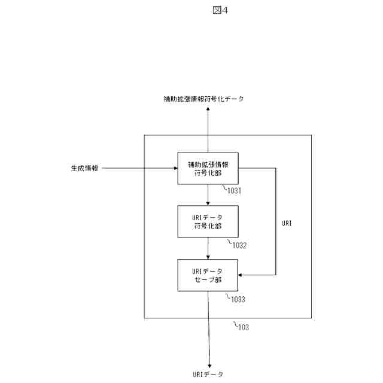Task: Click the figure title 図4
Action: (220, 10)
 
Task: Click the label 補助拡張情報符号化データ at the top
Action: (203, 99)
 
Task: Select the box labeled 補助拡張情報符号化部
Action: (208, 168)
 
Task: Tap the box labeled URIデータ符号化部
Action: (208, 221)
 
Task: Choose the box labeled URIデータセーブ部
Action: (208, 275)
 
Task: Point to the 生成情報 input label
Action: (81, 168)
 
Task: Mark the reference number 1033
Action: (235, 299)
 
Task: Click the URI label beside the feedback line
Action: (287, 223)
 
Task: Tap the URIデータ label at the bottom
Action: (208, 374)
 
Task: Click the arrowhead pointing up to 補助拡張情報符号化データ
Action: (208, 112)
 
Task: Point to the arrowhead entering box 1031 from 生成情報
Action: (175, 168)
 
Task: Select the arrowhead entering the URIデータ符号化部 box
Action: (208, 203)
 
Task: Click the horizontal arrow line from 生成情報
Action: (138, 168)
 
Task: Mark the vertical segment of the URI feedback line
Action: (276, 221)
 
